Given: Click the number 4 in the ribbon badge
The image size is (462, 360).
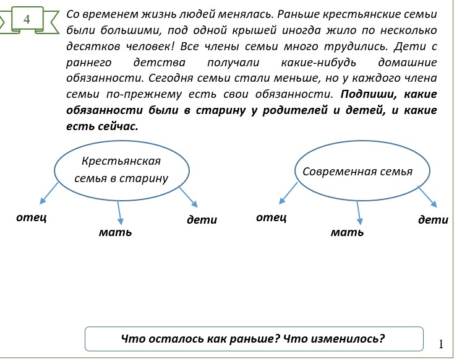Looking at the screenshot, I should pyautogui.click(x=27, y=19).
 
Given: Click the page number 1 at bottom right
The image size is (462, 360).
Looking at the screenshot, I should pyautogui.click(x=441, y=344).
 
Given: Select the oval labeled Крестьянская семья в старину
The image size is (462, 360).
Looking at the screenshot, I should pyautogui.click(x=121, y=170).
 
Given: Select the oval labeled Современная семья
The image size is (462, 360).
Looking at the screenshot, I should pyautogui.click(x=357, y=172).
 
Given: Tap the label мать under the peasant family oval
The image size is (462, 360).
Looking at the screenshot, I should pyautogui.click(x=115, y=232).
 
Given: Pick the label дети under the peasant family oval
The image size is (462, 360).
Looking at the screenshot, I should pyautogui.click(x=202, y=219).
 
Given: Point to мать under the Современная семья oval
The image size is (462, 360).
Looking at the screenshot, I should pyautogui.click(x=347, y=232).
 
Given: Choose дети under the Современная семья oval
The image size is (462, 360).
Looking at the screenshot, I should pyautogui.click(x=433, y=219).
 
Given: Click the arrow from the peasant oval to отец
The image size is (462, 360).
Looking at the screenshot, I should pyautogui.click(x=49, y=193).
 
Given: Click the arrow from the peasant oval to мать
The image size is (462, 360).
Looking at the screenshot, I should pyautogui.click(x=119, y=213).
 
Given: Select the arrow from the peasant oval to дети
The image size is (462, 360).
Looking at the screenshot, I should pyautogui.click(x=188, y=197).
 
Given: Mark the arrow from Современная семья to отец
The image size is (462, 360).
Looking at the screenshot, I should pyautogui.click(x=288, y=193).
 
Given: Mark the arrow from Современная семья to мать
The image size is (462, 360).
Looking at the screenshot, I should pyautogui.click(x=357, y=213).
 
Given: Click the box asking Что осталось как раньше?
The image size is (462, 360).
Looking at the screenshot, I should pyautogui.click(x=254, y=339).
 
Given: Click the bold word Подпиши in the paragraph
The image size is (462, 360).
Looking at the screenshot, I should pyautogui.click(x=369, y=94).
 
